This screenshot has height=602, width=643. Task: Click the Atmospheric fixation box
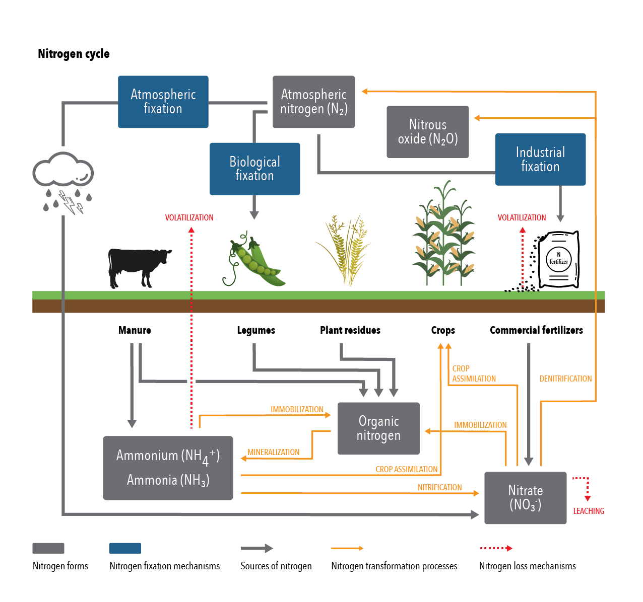click(163, 102)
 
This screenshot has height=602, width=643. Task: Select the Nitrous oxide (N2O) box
click(427, 132)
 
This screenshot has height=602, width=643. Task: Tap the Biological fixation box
click(254, 169)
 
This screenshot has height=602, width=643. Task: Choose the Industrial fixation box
click(540, 159)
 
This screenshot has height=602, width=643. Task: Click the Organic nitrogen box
click(378, 428)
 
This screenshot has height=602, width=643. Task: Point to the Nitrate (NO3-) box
click(525, 498)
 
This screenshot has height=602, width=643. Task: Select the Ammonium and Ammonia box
click(168, 468)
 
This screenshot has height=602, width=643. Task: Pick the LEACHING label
click(589, 511)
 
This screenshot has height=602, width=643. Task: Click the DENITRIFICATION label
click(565, 379)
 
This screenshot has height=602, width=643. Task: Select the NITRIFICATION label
click(439, 487)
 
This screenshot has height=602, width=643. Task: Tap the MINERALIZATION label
click(274, 452)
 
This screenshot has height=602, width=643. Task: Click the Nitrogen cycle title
click(74, 54)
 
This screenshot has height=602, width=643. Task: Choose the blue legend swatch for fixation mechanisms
click(125, 548)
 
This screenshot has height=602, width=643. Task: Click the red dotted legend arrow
click(496, 548)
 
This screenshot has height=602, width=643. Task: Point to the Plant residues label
click(350, 330)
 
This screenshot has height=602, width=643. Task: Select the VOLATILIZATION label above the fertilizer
click(522, 217)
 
